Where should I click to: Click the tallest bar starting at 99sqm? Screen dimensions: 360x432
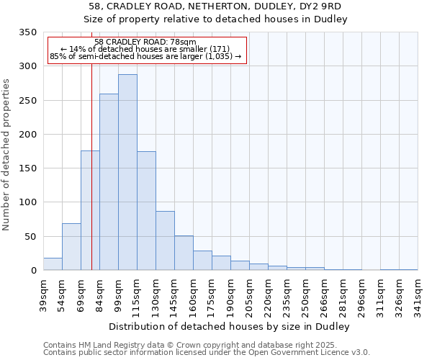[127, 172]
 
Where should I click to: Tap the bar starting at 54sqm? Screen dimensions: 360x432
[71, 246]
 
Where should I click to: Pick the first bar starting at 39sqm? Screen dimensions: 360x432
[53, 264]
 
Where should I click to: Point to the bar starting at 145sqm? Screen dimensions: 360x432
[184, 253]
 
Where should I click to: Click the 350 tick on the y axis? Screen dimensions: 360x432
[28, 32]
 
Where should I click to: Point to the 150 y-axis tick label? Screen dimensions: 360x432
[28, 168]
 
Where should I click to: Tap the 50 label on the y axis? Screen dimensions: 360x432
[31, 237]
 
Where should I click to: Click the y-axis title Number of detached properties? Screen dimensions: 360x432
[7, 155]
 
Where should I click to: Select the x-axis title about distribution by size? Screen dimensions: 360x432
[230, 327]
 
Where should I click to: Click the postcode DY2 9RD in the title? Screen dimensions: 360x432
[320, 6]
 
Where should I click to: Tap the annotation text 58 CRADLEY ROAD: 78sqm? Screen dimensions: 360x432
[145, 42]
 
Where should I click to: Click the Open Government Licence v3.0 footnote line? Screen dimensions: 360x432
[206, 353]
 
